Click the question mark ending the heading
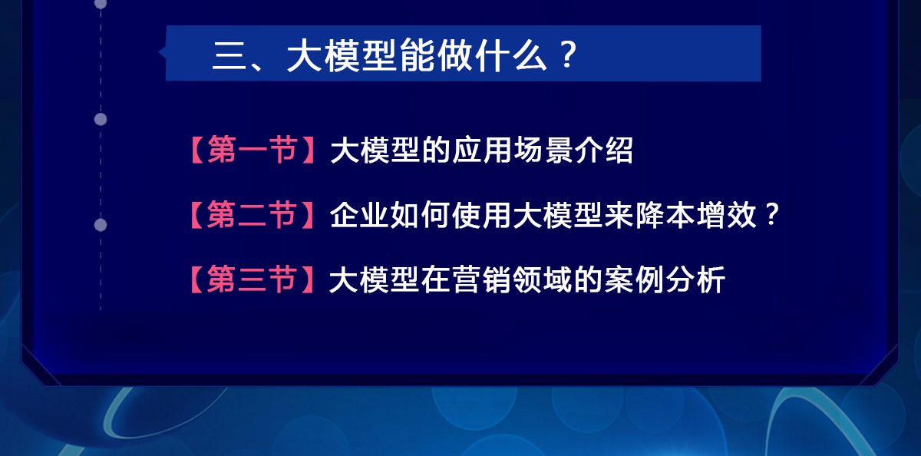(569, 54)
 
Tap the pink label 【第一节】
(253, 150)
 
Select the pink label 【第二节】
(252, 214)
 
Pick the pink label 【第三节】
(252, 279)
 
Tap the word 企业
(359, 215)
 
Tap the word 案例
(634, 279)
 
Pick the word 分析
(695, 279)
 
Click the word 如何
(420, 215)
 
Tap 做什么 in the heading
(493, 55)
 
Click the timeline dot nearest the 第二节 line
(101, 225)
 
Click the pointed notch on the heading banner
(160, 52)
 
